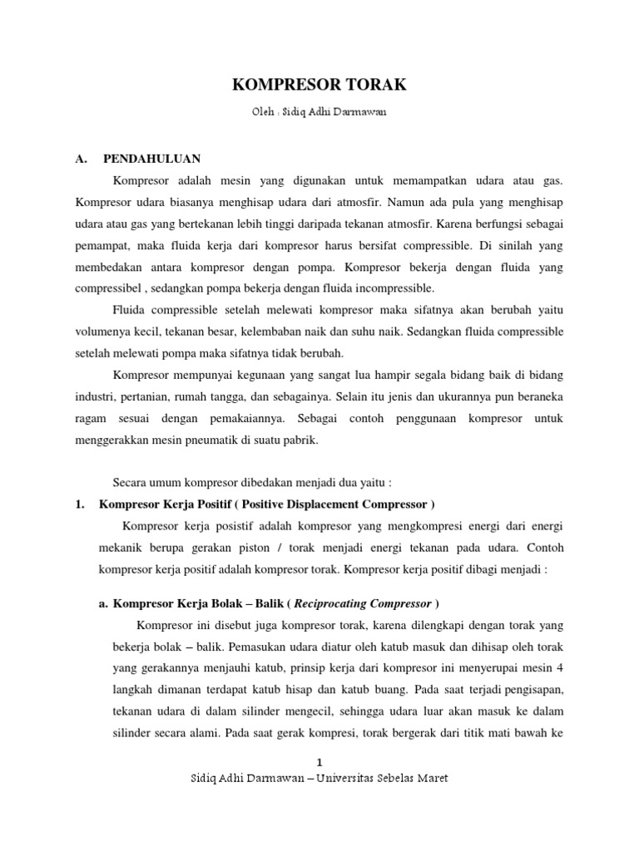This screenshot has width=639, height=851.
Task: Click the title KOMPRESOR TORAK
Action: tap(319, 86)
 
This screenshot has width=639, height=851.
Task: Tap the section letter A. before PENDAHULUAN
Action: tap(82, 159)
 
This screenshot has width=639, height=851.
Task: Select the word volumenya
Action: tap(105, 332)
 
